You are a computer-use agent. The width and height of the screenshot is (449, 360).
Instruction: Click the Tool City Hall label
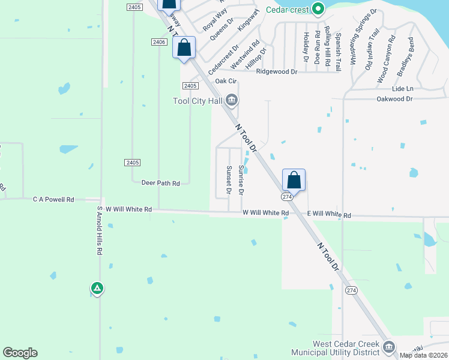[x=197, y=100]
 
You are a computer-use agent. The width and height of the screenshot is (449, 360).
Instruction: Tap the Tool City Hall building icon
[x=231, y=100]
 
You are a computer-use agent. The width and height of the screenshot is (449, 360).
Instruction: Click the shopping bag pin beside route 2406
[x=184, y=47]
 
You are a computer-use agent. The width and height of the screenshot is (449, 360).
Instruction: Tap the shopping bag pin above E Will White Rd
[x=294, y=179]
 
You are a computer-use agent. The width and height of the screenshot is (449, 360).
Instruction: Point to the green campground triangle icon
[x=97, y=289]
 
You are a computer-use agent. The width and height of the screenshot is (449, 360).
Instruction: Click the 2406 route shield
[x=158, y=41]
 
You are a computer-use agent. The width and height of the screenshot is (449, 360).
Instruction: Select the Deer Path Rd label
[x=160, y=183]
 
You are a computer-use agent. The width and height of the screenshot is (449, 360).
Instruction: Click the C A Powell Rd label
[x=53, y=199]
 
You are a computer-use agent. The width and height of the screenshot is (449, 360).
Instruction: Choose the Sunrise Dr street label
[x=241, y=179]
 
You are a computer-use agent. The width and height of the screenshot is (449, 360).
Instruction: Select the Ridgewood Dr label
[x=277, y=71]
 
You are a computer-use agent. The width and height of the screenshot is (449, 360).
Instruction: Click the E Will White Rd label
[x=329, y=215]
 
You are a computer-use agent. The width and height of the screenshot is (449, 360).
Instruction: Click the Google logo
[x=20, y=353]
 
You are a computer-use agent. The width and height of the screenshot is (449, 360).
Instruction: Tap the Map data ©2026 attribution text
[x=424, y=355]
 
